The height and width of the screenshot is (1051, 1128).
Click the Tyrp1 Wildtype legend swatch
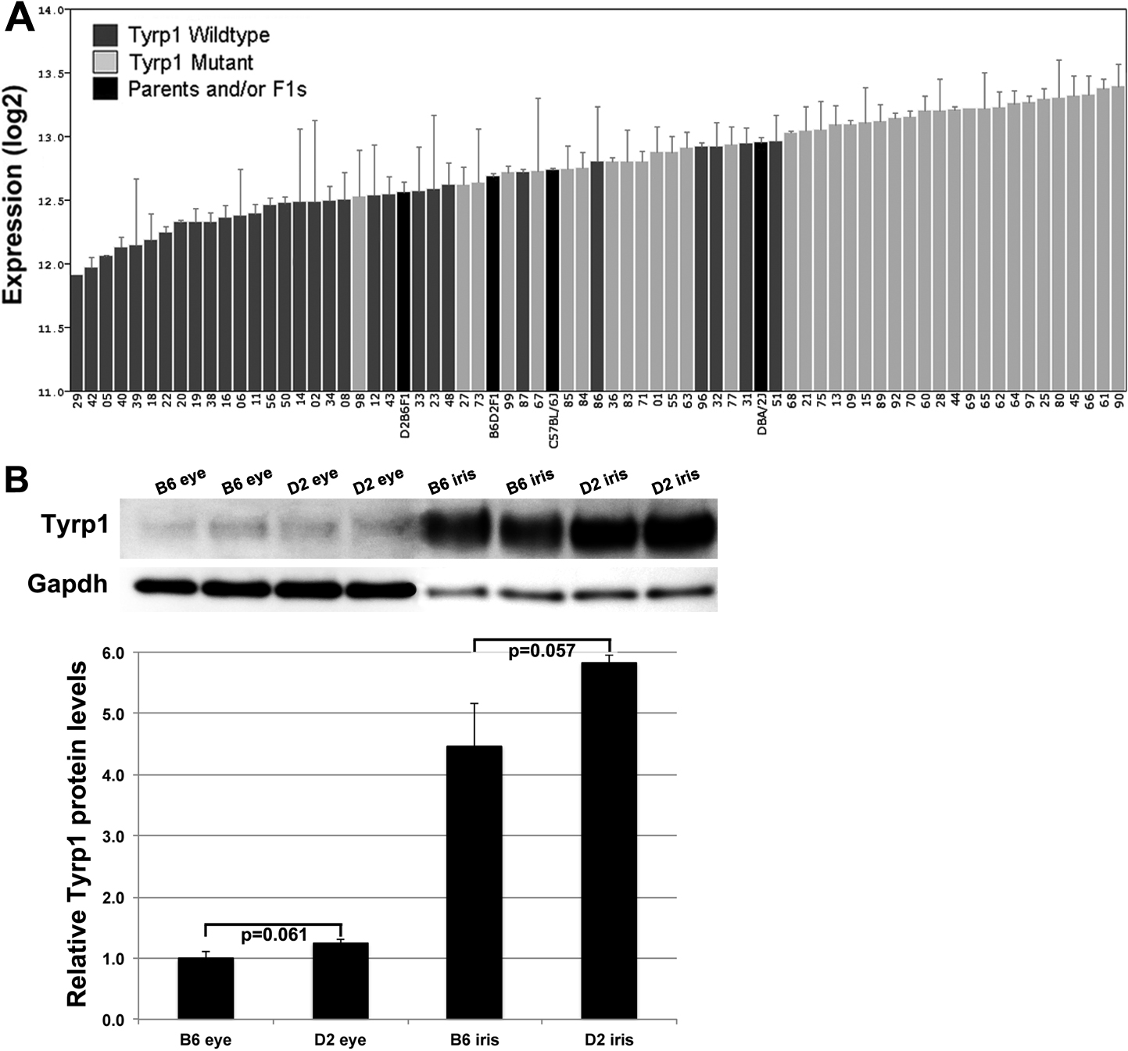pyautogui.click(x=106, y=35)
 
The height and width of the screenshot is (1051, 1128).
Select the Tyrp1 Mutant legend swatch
pyautogui.click(x=106, y=62)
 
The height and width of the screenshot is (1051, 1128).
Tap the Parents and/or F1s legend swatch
pyautogui.click(x=106, y=88)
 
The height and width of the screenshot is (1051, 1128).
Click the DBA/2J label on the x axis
pyautogui.click(x=762, y=417)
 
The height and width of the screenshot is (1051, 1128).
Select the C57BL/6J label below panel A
pyautogui.click(x=553, y=422)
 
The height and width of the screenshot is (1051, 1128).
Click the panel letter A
pyautogui.click(x=20, y=18)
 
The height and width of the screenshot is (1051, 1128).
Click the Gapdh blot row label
pyautogui.click(x=67, y=584)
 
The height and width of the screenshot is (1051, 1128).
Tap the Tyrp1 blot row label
pyautogui.click(x=74, y=525)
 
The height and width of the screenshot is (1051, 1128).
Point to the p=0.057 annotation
pyautogui.click(x=542, y=651)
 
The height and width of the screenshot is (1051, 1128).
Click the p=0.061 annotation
pyautogui.click(x=274, y=935)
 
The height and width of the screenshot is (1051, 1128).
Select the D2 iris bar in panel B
pyautogui.click(x=609, y=840)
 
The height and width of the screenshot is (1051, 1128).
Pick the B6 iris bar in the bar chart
pyautogui.click(x=474, y=882)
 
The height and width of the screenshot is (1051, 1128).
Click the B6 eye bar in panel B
pyautogui.click(x=206, y=988)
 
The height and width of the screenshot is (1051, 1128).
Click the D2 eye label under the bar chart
pyautogui.click(x=340, y=1040)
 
